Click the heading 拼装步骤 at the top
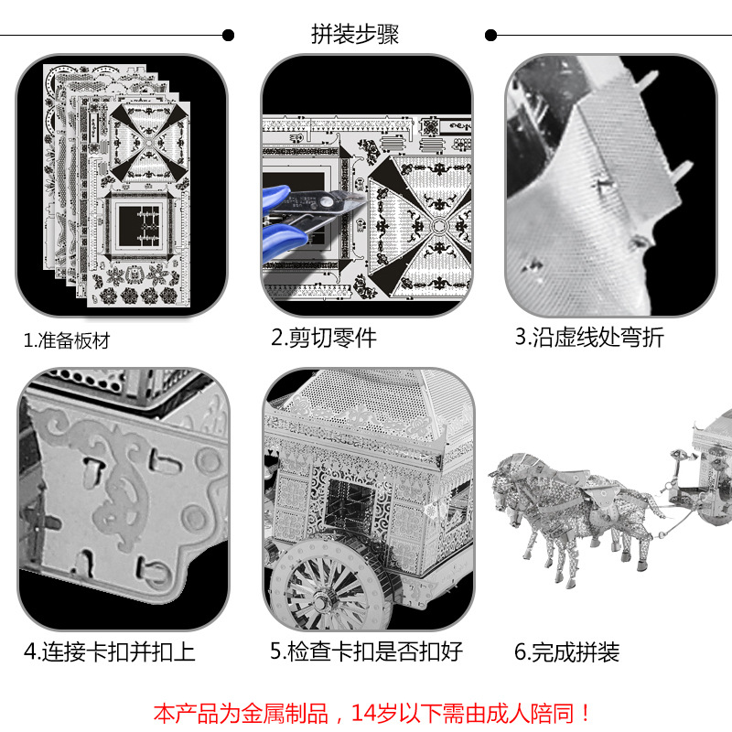(x=355, y=36)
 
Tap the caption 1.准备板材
(x=66, y=340)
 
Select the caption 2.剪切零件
(x=323, y=338)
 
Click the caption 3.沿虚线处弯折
(x=588, y=337)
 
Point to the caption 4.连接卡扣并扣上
(x=109, y=651)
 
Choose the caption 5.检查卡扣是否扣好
(x=366, y=651)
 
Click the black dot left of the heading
(x=229, y=36)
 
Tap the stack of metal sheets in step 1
(x=119, y=183)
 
